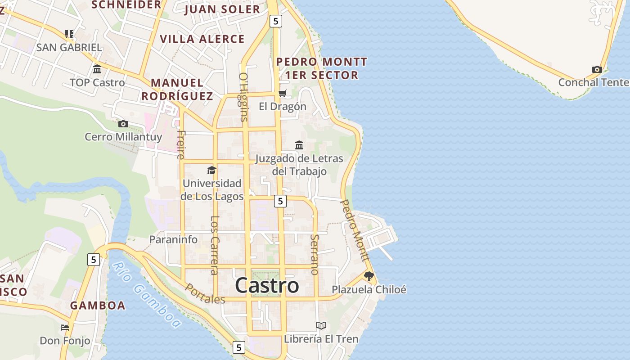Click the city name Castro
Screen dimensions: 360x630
[267, 285]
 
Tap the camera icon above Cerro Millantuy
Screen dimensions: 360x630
[123, 124]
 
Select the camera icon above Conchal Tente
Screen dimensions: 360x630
[597, 69]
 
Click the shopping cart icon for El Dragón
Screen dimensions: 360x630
[283, 94]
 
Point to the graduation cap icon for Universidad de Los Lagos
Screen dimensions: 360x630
[211, 170]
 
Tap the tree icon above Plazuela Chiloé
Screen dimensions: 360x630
[369, 276]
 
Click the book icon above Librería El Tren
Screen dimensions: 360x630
[321, 325]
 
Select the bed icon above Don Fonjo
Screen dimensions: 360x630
[65, 327]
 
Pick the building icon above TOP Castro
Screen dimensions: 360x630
[97, 69]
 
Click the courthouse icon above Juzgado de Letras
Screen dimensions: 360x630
[299, 145]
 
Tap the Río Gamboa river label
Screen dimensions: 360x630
[147, 294]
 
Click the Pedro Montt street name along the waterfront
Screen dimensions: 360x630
[354, 230]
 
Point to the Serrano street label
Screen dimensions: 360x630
[315, 254]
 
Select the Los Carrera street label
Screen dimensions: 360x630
[215, 245]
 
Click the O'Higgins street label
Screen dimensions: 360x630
[243, 97]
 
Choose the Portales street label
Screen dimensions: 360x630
[205, 293]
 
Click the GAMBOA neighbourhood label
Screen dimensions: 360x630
[98, 306]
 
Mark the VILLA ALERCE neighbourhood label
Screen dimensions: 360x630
[202, 39]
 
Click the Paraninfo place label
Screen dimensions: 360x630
[173, 239]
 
